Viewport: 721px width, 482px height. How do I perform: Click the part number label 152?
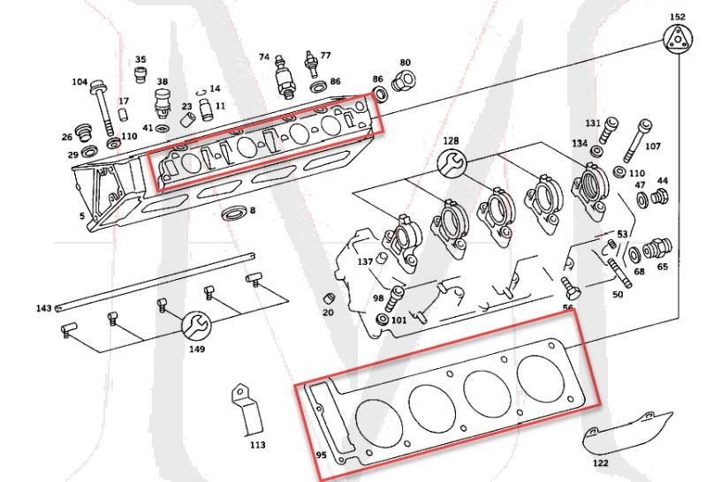[x=677, y=17]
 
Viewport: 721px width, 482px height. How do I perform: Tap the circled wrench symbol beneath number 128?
[x=452, y=161]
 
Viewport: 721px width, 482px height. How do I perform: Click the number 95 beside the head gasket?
[x=321, y=456]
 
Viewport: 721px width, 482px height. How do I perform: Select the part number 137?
[x=364, y=262]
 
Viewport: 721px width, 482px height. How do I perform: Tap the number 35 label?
[x=140, y=59]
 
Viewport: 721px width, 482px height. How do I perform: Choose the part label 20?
[x=328, y=313]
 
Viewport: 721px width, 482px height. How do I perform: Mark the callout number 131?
[x=593, y=122]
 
